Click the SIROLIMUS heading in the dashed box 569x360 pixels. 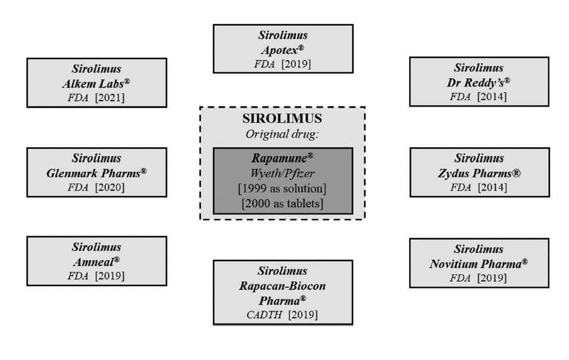tap(282, 119)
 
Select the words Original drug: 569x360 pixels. tap(282, 135)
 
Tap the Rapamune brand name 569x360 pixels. tap(282, 158)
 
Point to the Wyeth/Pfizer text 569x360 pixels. tap(282, 173)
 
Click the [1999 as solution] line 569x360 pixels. tap(282, 188)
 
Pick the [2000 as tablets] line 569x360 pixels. tap(282, 204)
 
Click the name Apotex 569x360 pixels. tap(283, 49)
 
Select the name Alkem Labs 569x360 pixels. tap(96, 84)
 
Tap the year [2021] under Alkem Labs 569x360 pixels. tap(110, 98)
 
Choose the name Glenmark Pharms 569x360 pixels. tap(97, 173)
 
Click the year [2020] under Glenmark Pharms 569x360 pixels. tap(110, 187)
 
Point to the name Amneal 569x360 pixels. tap(97, 262)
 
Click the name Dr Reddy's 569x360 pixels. tap(479, 83)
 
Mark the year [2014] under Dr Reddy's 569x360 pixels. tap(492, 97)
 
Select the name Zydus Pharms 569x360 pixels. tap(480, 173)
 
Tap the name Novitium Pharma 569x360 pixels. tap(479, 263)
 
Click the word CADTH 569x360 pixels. tap(264, 315)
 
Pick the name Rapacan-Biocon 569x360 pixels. tap(282, 286)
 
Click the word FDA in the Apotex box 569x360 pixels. tap(265, 64)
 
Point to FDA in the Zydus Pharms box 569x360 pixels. tap(461, 187)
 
